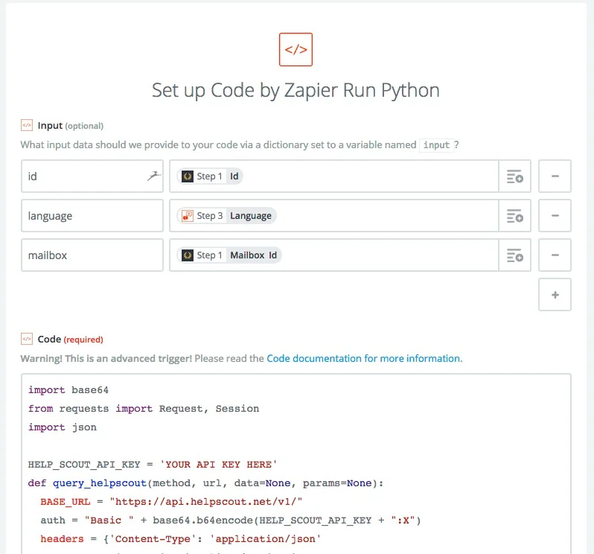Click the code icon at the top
pos(296,49)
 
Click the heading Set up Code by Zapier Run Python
pos(296,91)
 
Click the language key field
pos(92,216)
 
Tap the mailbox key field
pos(92,255)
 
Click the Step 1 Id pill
pos(210,176)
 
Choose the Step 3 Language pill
pos(226,216)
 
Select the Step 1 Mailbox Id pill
pos(229,255)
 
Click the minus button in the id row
pos(555,176)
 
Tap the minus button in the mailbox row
pos(555,255)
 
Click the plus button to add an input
pos(555,294)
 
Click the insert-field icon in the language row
pos(514,216)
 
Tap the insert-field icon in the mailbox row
pos(514,255)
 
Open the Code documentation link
pos(364,358)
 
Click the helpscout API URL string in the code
pos(206,501)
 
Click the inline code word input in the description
pos(436,145)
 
